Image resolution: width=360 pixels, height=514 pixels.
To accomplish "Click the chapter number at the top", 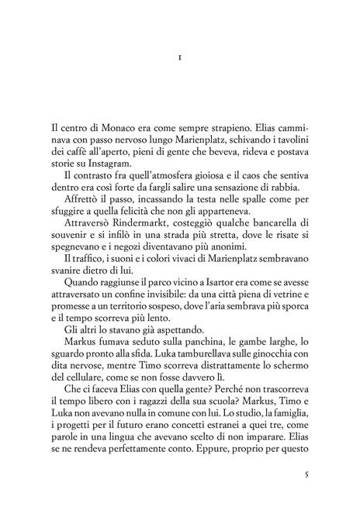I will [x=180, y=57].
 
